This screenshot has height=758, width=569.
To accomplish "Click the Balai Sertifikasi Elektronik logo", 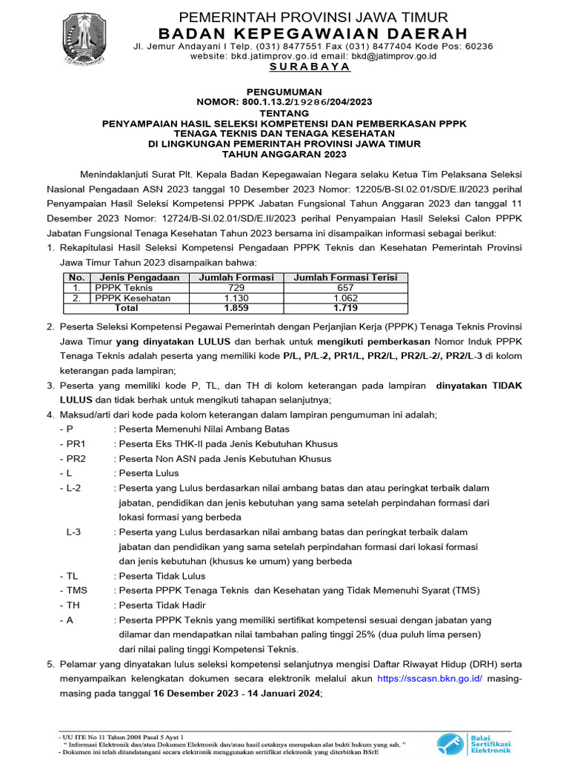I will click(474, 742).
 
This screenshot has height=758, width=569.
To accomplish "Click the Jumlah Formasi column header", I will click(237, 278).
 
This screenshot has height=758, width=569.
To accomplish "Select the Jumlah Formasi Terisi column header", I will click(345, 278).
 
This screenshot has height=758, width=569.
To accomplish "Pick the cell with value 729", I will click(236, 288).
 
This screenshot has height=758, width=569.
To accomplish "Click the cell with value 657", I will click(345, 288).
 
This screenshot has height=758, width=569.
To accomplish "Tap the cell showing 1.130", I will click(236, 298).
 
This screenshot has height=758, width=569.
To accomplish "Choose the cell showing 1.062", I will click(345, 298).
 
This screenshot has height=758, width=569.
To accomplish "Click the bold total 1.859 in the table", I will click(236, 308).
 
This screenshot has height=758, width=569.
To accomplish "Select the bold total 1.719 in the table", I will click(345, 308).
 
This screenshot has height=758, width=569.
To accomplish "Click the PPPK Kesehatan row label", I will click(132, 298).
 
